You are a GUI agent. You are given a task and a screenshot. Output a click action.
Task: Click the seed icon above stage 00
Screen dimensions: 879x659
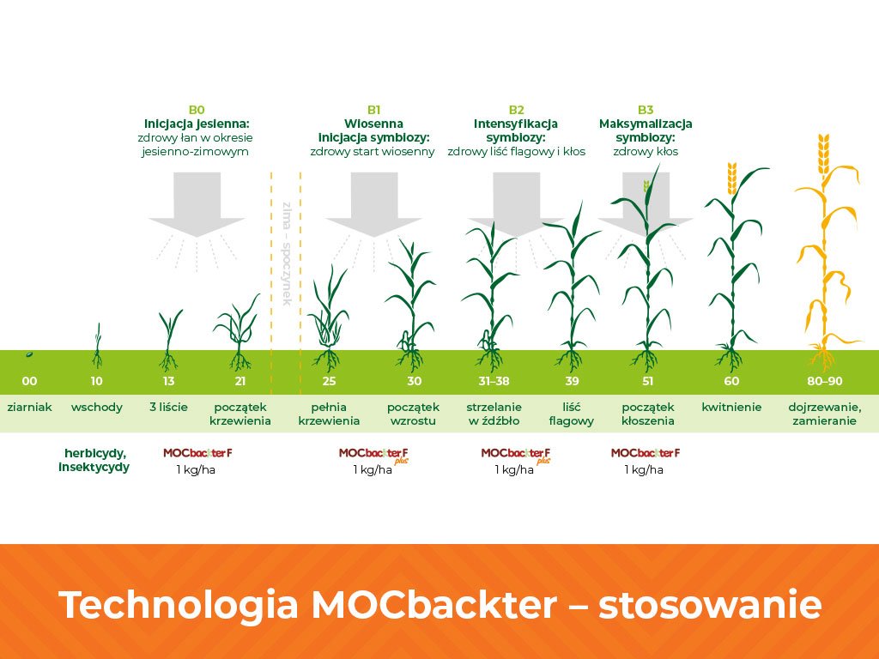[29, 354]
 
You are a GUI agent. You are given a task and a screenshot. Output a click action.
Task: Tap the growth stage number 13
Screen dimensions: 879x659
[169, 381]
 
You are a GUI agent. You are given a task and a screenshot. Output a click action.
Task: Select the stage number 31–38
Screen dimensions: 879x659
[494, 381]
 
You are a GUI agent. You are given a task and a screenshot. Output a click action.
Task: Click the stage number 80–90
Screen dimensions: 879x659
[825, 381]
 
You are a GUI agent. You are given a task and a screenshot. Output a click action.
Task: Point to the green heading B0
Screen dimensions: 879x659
[197, 110]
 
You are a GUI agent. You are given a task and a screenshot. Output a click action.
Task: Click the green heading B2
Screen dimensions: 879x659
[516, 110]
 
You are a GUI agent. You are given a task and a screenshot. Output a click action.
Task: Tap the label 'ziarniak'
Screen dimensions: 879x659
[30, 408]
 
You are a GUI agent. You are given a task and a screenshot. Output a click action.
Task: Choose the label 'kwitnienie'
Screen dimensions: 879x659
[731, 408]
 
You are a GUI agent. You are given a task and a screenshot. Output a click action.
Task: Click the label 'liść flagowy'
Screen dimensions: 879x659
[571, 414]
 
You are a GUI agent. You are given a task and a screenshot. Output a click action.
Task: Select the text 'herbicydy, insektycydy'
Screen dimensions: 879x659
[94, 460]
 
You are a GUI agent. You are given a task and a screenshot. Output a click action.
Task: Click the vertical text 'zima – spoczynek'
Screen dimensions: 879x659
[287, 254]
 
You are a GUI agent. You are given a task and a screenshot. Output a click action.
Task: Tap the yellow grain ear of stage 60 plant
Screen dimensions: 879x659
[731, 178]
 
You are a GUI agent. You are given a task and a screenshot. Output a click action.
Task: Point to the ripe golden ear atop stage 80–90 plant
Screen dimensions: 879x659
[823, 154]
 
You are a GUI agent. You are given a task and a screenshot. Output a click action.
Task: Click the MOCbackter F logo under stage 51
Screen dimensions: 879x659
[646, 453]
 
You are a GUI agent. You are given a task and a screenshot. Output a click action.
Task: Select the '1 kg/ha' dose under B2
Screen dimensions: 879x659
[514, 469]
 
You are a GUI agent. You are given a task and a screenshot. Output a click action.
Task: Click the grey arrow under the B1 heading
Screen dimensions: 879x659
[374, 204]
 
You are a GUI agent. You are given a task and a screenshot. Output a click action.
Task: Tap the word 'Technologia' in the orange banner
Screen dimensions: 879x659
[178, 606]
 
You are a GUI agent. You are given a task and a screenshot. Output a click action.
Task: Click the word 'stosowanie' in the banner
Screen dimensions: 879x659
[710, 605]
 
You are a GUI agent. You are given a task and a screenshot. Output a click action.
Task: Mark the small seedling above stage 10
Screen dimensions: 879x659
[98, 345]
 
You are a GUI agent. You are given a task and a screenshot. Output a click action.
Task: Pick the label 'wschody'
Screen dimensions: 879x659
[97, 408]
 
